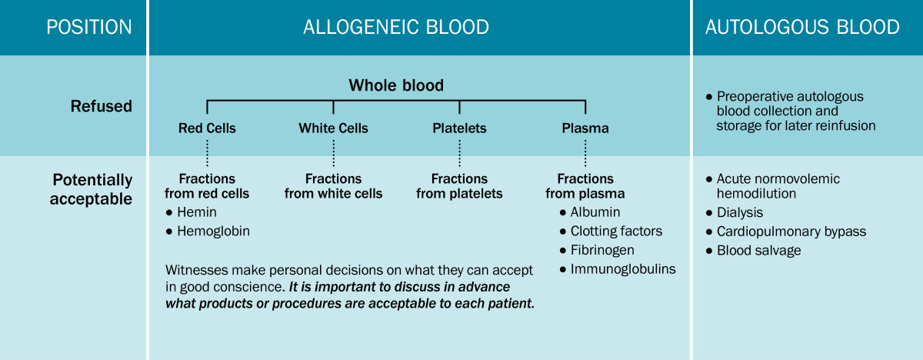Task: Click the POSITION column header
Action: click(88, 27)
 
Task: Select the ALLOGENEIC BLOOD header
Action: click(396, 27)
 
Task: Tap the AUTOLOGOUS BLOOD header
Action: click(802, 27)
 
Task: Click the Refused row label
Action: click(101, 106)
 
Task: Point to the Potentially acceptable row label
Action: click(92, 189)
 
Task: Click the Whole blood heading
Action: click(396, 85)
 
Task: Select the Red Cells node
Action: click(207, 128)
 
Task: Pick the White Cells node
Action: click(333, 128)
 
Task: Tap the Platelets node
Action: click(459, 128)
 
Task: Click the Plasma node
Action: click(585, 128)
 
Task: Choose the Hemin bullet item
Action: click(197, 212)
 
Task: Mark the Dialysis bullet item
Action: click(739, 212)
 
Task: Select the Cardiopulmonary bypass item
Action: click(791, 232)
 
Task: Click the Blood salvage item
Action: click(758, 250)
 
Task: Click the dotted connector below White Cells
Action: click(333, 153)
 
